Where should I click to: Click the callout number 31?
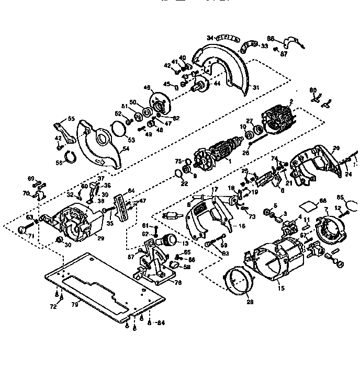256,87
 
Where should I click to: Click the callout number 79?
74,305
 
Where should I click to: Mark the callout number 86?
271,39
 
